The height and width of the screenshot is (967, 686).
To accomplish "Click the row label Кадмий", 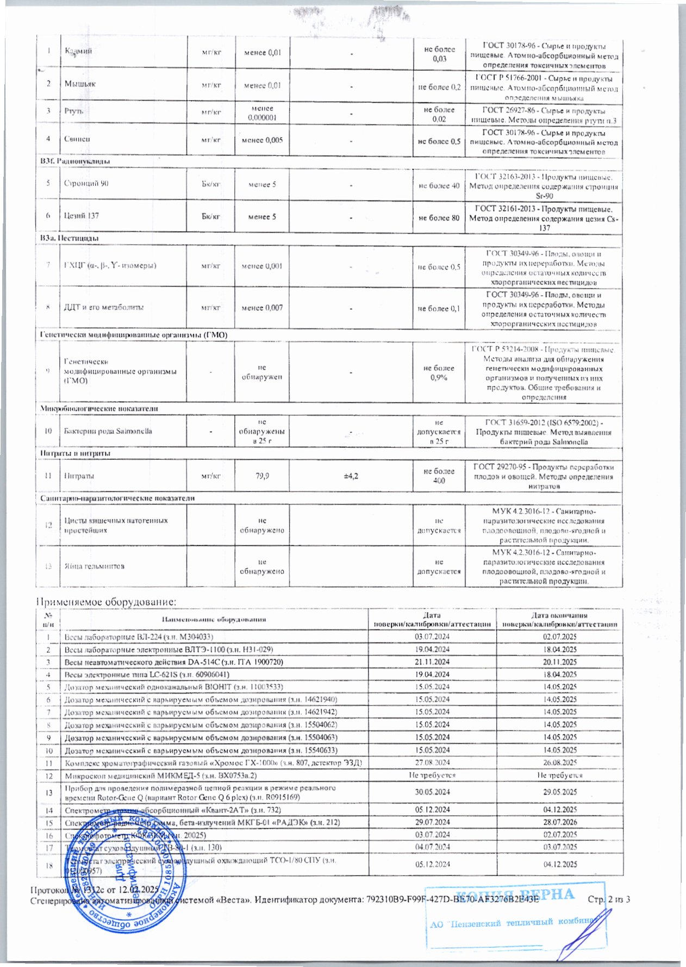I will (x=78, y=51).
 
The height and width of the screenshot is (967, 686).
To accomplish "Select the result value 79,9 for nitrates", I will (x=262, y=476).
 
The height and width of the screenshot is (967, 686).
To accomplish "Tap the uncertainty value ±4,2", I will (x=351, y=476).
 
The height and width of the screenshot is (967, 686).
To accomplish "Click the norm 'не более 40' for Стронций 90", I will (x=439, y=186).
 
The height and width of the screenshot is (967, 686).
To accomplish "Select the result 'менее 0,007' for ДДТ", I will (x=262, y=308).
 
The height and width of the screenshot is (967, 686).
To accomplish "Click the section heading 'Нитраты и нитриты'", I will (x=76, y=453).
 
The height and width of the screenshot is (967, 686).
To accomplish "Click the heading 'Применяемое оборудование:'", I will (x=107, y=602).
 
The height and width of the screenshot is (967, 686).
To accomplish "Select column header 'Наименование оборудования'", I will (x=214, y=619).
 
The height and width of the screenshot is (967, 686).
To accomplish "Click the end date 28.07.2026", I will (x=560, y=822).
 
